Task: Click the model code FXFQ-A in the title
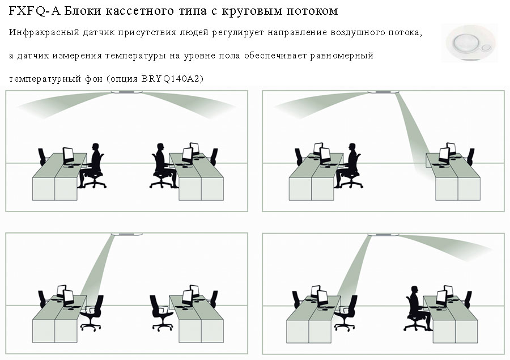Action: pyautogui.click(x=35, y=11)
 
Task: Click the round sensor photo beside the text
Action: pyautogui.click(x=470, y=43)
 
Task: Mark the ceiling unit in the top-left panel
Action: pyautogui.click(x=126, y=92)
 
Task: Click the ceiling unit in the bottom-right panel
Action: pyautogui.click(x=383, y=235)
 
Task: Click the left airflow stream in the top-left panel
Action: pyautogui.click(x=63, y=104)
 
